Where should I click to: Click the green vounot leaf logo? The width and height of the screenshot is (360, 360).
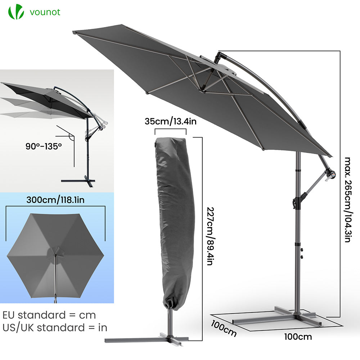tap(16, 12)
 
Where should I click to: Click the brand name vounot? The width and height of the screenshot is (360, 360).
tap(45, 12)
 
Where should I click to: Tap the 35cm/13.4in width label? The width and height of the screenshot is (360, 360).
tap(171, 121)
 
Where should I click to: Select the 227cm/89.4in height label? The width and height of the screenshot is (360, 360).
tap(210, 236)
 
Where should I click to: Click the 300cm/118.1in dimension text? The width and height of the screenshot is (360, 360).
tap(55, 200)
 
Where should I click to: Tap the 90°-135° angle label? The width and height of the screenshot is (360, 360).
tap(44, 146)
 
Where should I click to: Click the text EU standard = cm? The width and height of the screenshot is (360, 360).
tap(49, 315)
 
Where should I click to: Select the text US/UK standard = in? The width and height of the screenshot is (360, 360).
tap(55, 328)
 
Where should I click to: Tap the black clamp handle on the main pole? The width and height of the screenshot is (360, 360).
tap(296, 202)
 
